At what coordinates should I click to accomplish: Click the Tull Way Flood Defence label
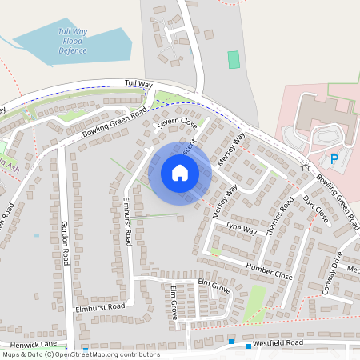pyautogui.click(x=72, y=41)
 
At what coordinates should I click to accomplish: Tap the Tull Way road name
pyautogui.click(x=138, y=82)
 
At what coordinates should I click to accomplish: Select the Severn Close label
pyautogui.click(x=177, y=123)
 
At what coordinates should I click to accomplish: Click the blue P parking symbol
pyautogui.click(x=335, y=159)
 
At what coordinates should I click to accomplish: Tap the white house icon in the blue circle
pyautogui.click(x=180, y=173)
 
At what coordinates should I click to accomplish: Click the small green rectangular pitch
pyautogui.click(x=233, y=59)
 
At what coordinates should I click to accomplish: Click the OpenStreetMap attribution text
pyautogui.click(x=81, y=354)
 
